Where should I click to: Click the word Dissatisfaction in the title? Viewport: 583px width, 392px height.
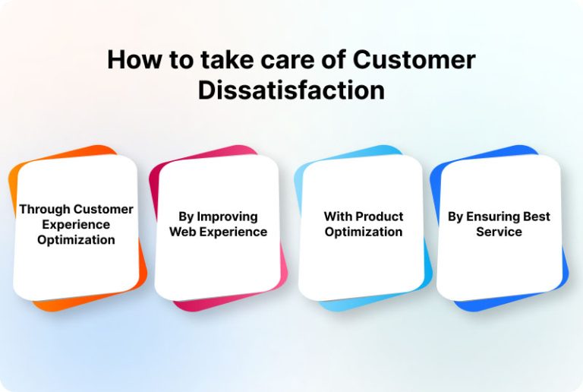291,90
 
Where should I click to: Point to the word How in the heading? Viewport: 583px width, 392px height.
135,59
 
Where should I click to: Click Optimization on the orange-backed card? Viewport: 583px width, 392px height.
76,239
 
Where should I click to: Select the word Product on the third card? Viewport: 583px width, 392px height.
377,217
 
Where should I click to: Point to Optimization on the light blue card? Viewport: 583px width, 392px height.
364,232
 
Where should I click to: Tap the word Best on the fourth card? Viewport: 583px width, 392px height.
537,217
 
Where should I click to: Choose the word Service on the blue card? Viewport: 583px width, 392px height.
499,232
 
